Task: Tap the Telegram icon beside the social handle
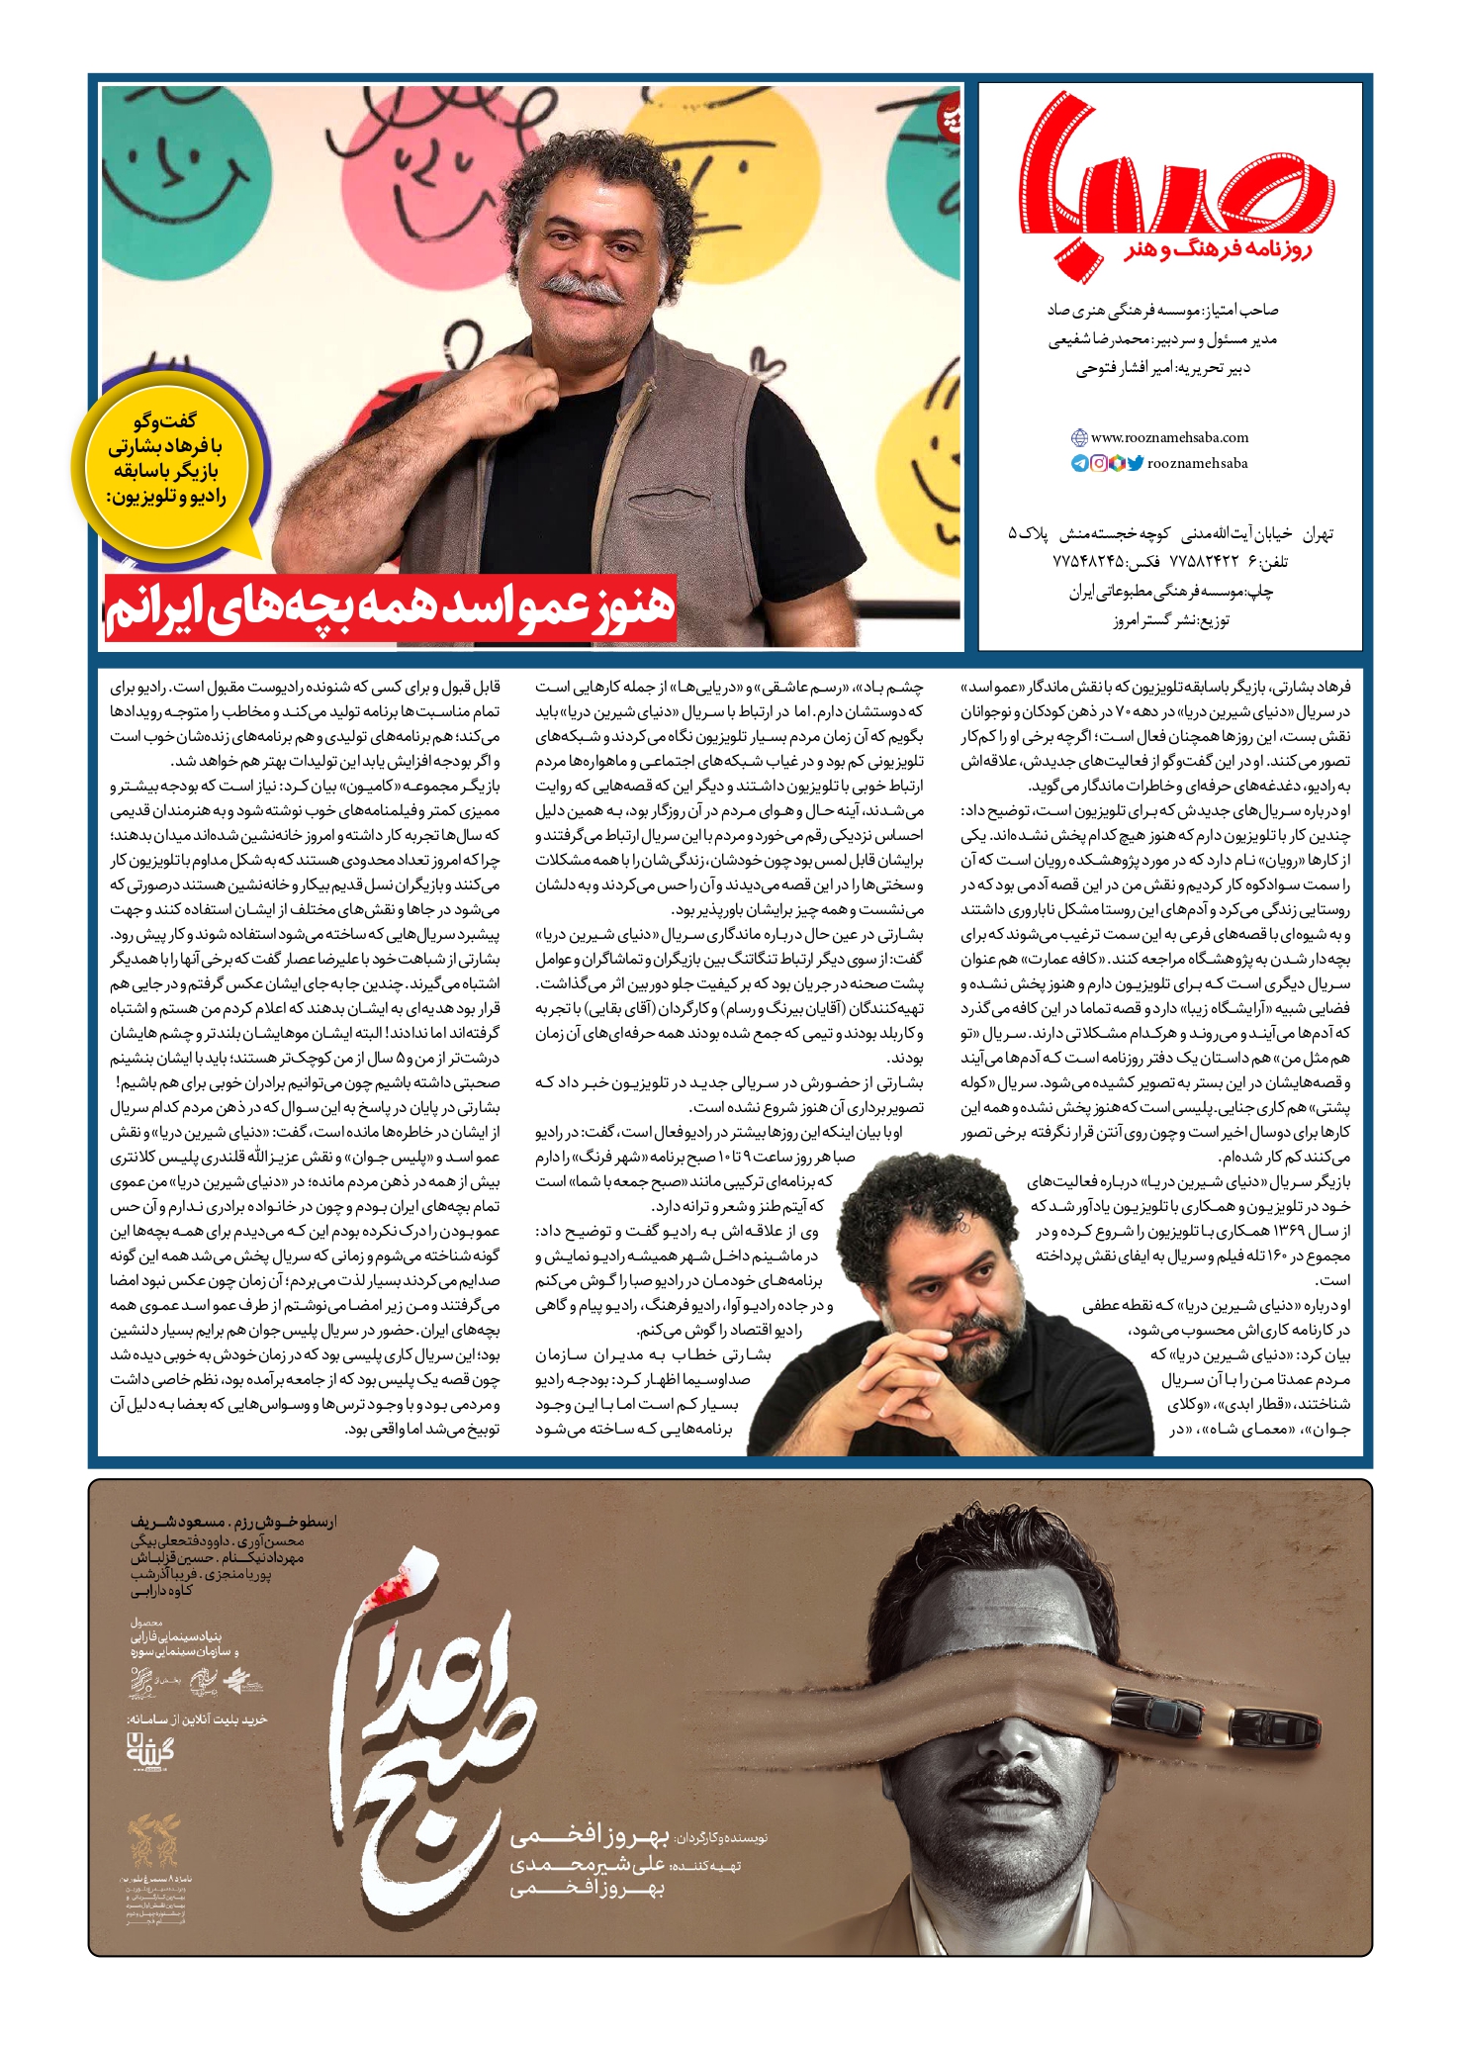click(1080, 463)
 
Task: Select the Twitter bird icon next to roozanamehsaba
click(1135, 463)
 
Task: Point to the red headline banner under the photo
click(391, 606)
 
